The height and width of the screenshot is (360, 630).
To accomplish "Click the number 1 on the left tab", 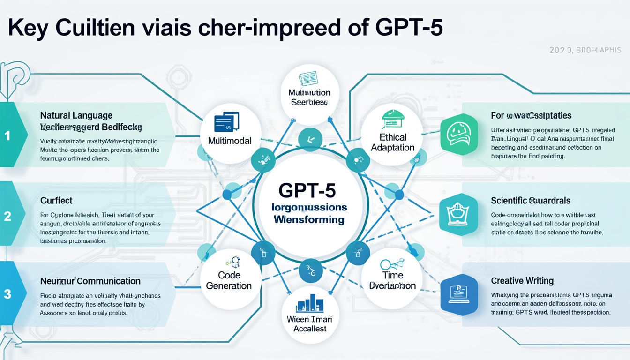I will tap(7, 136).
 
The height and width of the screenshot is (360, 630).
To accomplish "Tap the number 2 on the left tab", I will tap(7, 216).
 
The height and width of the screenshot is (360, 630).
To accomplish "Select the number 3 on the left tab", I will tap(7, 294).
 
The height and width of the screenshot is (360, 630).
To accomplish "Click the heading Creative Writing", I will tap(522, 281).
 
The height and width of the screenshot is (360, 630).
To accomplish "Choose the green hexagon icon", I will tap(459, 134).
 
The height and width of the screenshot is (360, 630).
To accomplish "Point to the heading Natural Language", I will tap(76, 115).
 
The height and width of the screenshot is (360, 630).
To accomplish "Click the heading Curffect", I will tap(56, 201).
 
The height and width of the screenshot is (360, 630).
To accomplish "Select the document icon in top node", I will tap(309, 78).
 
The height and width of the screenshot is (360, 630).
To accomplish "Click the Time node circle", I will tap(392, 277).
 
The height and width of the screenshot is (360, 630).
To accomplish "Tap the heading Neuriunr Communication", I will tap(90, 281).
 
